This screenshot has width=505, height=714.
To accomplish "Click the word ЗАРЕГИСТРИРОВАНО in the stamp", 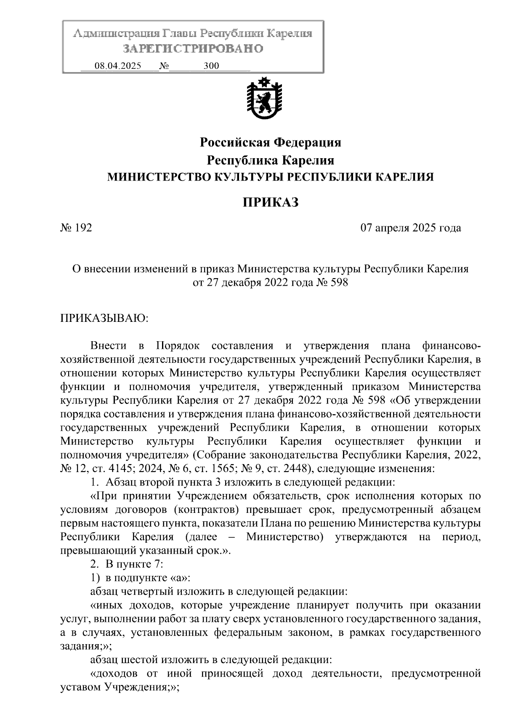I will pyautogui.click(x=193, y=49).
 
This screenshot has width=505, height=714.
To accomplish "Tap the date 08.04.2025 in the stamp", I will pyautogui.click(x=118, y=66).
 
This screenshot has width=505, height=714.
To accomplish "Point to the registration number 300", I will pyautogui.click(x=211, y=66).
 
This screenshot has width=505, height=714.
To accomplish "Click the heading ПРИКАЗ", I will pyautogui.click(x=270, y=202).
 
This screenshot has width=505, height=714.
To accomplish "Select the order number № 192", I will pyautogui.click(x=76, y=228).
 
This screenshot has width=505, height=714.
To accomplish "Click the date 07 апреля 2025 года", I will pyautogui.click(x=410, y=228).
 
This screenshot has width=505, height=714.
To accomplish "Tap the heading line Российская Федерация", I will pyautogui.click(x=270, y=143).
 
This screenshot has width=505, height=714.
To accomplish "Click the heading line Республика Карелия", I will pyautogui.click(x=270, y=160).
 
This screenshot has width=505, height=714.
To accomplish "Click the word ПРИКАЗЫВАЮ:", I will pyautogui.click(x=104, y=318).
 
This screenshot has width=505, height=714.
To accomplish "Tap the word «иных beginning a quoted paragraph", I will pyautogui.click(x=106, y=605).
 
